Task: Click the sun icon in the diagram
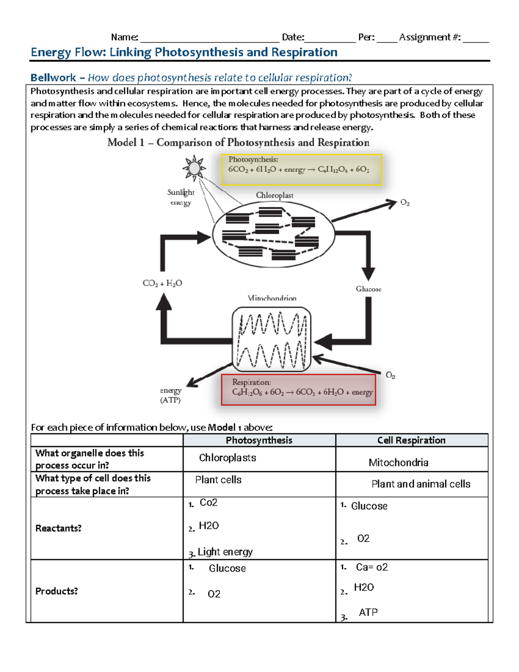click(194, 168)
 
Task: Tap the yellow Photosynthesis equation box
click(301, 170)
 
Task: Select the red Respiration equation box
click(298, 389)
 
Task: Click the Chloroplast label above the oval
click(274, 195)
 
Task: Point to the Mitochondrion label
click(272, 298)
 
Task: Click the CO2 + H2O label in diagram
click(162, 283)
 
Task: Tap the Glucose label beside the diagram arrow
click(368, 289)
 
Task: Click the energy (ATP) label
click(170, 395)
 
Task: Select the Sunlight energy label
click(181, 197)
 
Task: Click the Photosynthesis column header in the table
click(259, 440)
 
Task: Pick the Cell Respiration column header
click(411, 440)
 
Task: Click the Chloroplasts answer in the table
click(227, 458)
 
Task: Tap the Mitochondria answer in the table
click(398, 463)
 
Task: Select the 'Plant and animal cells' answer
click(421, 484)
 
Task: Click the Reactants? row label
click(58, 528)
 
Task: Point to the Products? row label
click(57, 591)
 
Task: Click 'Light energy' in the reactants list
click(225, 552)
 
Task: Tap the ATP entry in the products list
click(368, 612)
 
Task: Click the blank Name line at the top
click(209, 38)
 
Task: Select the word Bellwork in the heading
click(53, 77)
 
